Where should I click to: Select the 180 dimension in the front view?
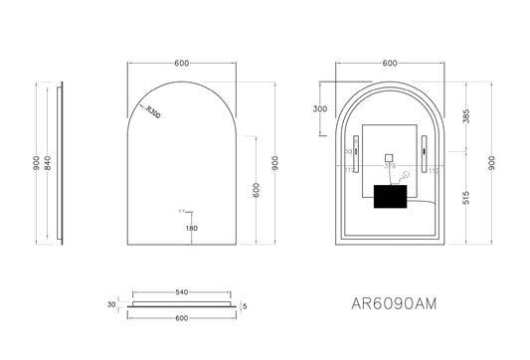(191, 229)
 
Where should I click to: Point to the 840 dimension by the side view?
(49, 165)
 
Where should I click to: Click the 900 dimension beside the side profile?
(36, 165)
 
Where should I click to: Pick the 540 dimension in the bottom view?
(181, 292)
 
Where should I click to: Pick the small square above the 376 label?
(389, 156)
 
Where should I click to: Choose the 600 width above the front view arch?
(181, 63)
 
